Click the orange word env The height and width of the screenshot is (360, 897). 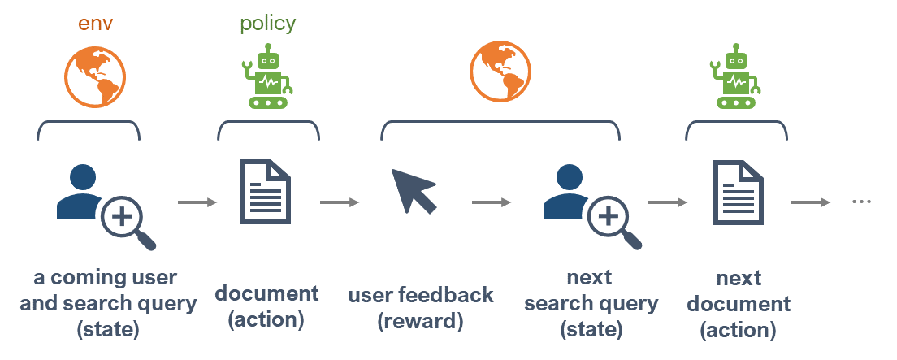pyautogui.click(x=95, y=24)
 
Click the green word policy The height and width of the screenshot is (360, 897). pyautogui.click(x=268, y=24)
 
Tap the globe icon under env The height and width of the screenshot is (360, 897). pyautogui.click(x=95, y=77)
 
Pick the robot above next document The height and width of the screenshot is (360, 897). pyautogui.click(x=735, y=76)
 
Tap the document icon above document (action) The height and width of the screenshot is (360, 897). pyautogui.click(x=265, y=193)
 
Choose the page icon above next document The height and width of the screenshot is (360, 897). pyautogui.click(x=739, y=193)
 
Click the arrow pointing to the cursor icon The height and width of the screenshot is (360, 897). pyautogui.click(x=340, y=202)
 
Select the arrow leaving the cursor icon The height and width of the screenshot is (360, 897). pyautogui.click(x=492, y=202)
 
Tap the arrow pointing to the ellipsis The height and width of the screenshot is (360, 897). pyautogui.click(x=811, y=202)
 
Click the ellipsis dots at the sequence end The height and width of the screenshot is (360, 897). pyautogui.click(x=861, y=202)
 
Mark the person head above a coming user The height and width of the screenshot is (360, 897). pyautogui.click(x=83, y=178)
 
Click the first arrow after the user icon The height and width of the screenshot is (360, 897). pyautogui.click(x=197, y=202)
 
